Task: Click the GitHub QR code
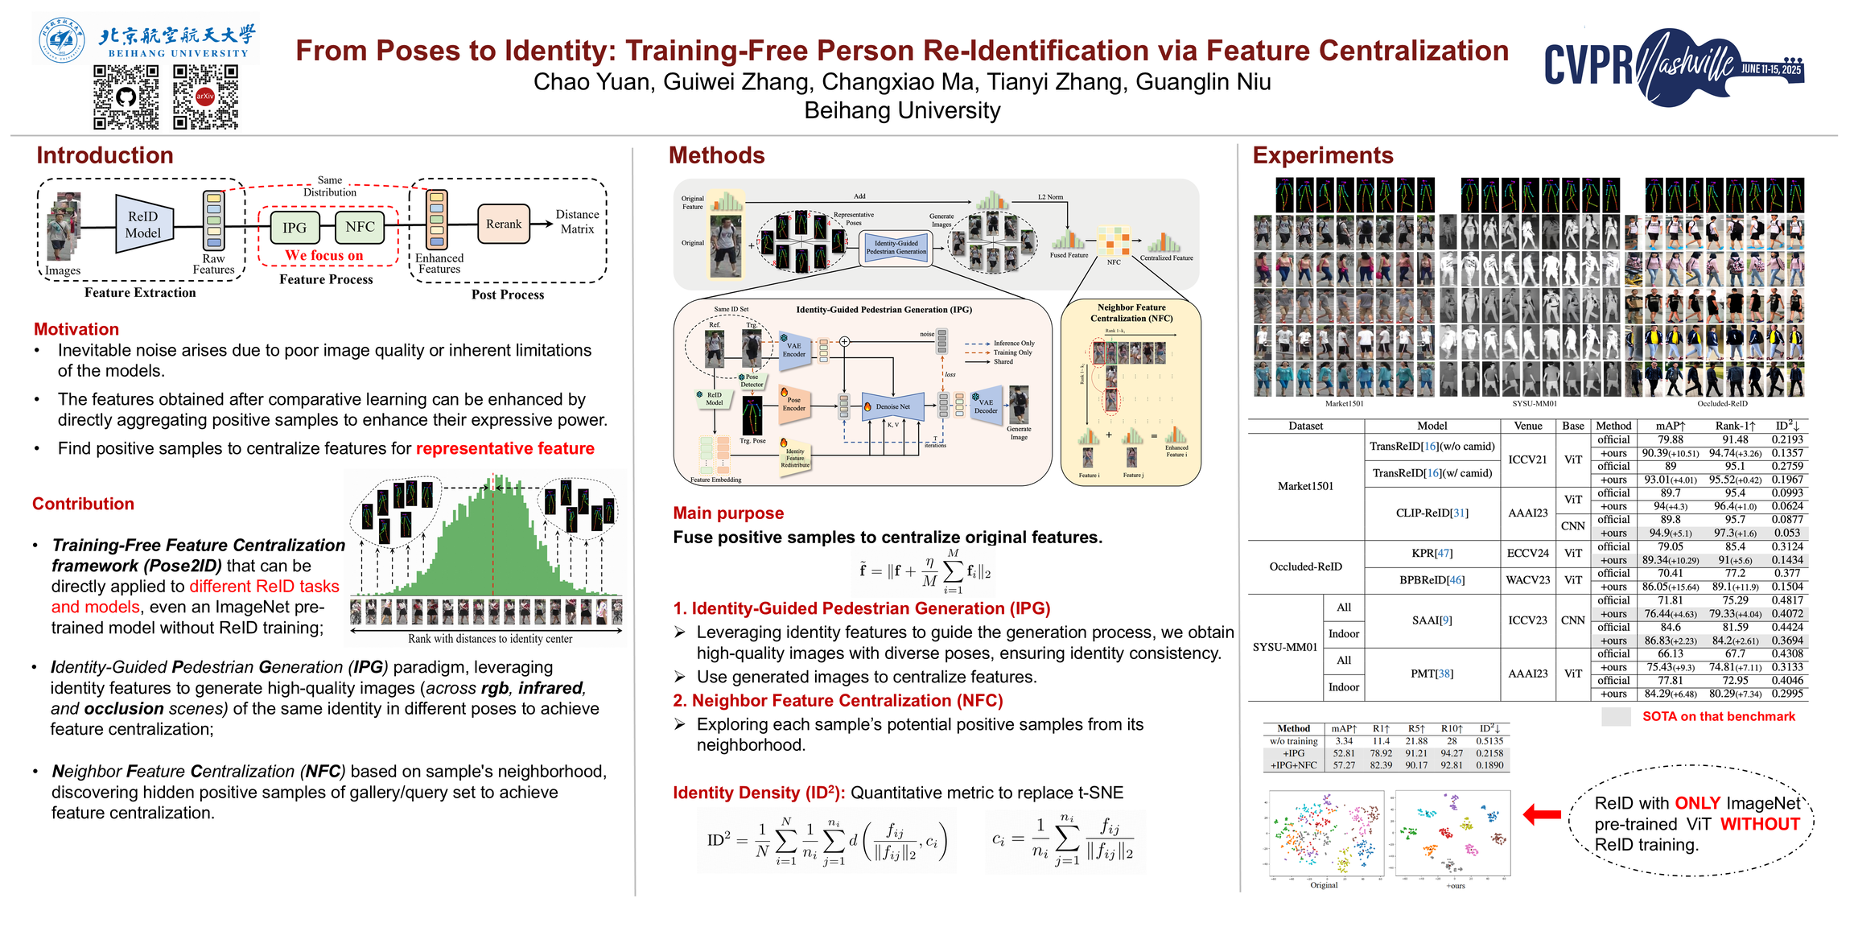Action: [126, 97]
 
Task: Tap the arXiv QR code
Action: [205, 97]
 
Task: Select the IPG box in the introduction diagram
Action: [295, 228]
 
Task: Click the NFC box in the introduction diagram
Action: [360, 227]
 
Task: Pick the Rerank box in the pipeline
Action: [504, 224]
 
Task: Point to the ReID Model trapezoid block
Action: [143, 225]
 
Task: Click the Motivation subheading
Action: [76, 329]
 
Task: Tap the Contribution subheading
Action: [83, 504]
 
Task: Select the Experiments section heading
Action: [1323, 155]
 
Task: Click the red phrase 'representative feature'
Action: [505, 448]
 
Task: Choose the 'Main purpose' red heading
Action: [728, 513]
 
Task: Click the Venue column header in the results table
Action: [1527, 426]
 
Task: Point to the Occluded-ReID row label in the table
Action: [1305, 566]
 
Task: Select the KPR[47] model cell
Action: [1432, 553]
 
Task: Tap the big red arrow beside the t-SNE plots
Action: [1542, 814]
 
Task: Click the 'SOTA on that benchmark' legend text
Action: [1718, 716]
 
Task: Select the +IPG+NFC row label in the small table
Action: [1293, 765]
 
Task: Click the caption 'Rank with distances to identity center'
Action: [490, 639]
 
